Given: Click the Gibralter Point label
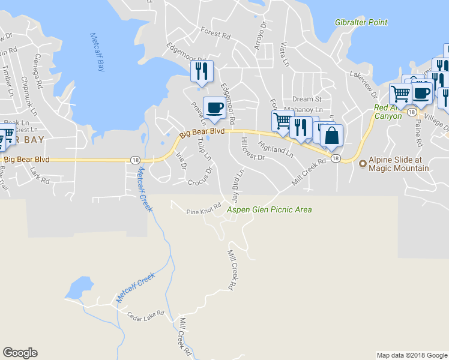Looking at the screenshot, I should click(361, 23).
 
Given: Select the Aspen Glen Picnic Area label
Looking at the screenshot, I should click(269, 210).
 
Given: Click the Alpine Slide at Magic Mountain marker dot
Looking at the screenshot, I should click(363, 164).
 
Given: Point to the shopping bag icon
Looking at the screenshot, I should click(331, 136).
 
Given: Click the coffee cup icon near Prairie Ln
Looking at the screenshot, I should click(214, 108).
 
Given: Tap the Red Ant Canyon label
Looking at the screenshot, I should click(388, 112).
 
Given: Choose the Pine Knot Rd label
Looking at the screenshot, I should click(204, 212).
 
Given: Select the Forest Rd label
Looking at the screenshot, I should click(216, 35).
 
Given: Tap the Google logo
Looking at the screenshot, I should click(20, 353).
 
